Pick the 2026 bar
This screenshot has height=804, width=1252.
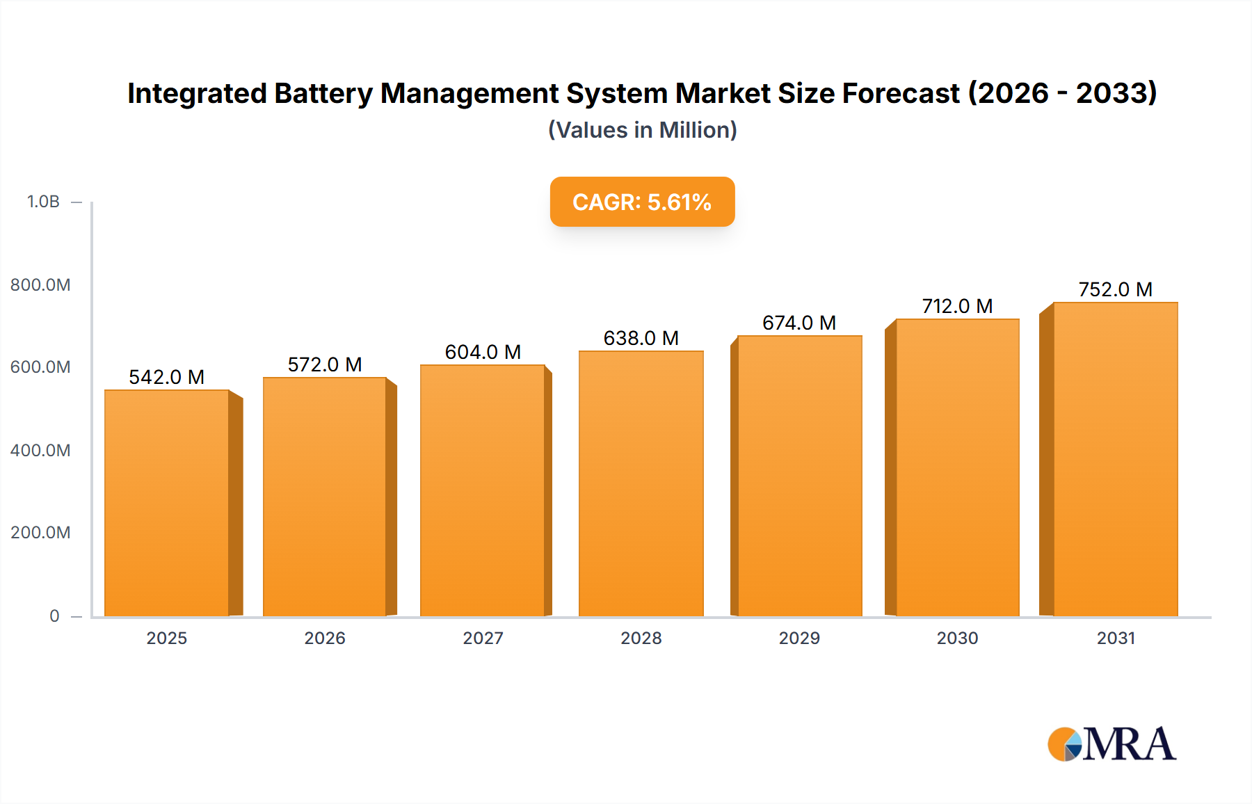click(x=324, y=497)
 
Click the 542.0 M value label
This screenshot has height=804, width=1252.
click(x=167, y=377)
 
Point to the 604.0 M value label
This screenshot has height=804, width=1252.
click(x=483, y=352)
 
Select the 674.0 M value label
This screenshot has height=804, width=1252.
click(x=798, y=323)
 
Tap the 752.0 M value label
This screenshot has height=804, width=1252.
click(x=1115, y=289)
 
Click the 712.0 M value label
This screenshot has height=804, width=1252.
click(x=957, y=306)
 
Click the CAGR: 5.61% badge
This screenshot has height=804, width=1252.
click(x=642, y=202)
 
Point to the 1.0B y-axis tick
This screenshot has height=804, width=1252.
click(x=43, y=202)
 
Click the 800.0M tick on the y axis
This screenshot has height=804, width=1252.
click(x=40, y=284)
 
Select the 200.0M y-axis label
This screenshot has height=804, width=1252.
click(x=40, y=533)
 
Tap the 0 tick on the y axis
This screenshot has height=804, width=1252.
click(x=54, y=616)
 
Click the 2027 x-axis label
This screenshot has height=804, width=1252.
click(x=483, y=638)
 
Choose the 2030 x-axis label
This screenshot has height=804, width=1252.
click(x=957, y=638)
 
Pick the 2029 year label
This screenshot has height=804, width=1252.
click(x=798, y=638)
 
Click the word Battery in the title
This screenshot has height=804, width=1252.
click(x=323, y=93)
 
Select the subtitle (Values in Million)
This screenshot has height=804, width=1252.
click(x=642, y=130)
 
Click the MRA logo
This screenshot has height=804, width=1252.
click(x=1111, y=744)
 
